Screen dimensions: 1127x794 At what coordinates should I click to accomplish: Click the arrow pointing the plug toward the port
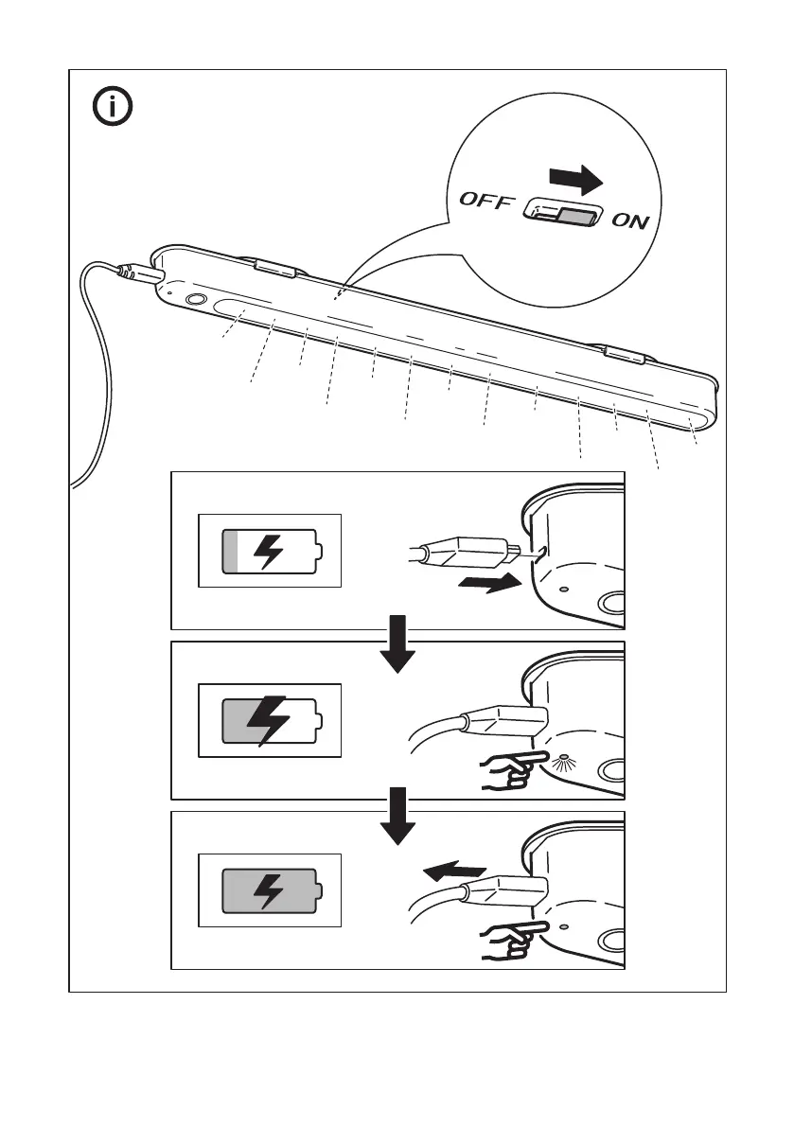tap(487, 584)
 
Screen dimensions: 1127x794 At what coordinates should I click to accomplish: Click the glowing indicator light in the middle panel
tap(565, 759)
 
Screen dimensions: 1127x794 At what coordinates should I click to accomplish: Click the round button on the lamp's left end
tap(196, 299)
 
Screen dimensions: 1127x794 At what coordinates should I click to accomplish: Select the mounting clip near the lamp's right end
tap(624, 355)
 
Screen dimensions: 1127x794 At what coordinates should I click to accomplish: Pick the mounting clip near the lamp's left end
tap(273, 267)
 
